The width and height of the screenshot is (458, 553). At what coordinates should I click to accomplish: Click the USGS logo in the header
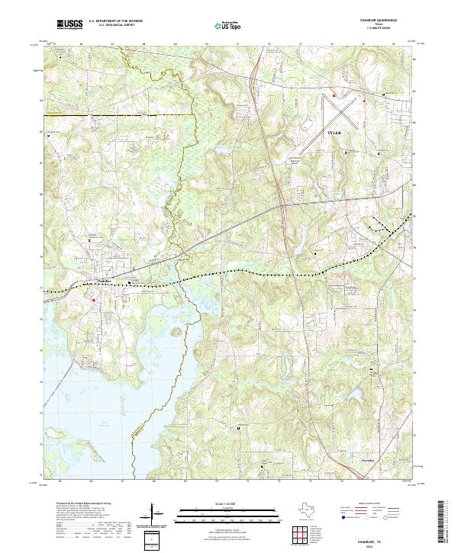pyautogui.click(x=70, y=24)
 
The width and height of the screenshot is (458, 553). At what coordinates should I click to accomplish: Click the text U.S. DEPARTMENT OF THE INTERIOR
pyautogui.click(x=115, y=22)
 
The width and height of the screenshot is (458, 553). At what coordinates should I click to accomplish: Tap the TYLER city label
pyautogui.click(x=335, y=133)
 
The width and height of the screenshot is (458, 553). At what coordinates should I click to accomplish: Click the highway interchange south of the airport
pyautogui.click(x=282, y=206)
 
